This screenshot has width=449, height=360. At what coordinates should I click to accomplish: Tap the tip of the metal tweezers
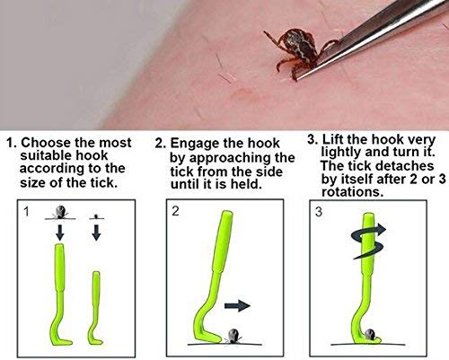(x=297, y=79)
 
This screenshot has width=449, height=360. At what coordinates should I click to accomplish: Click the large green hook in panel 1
(x=61, y=294)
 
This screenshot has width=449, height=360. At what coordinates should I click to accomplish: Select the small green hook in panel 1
(x=95, y=308)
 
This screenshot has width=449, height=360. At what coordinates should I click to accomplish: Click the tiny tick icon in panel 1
(x=96, y=216)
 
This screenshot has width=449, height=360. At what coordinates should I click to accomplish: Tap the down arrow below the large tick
(x=60, y=233)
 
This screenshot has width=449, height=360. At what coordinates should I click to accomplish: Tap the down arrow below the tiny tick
(x=96, y=233)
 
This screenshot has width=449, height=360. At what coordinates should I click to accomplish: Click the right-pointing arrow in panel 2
(x=237, y=305)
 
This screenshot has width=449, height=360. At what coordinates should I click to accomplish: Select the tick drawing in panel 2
(x=233, y=336)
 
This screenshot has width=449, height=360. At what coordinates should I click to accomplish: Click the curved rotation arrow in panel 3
(x=369, y=241)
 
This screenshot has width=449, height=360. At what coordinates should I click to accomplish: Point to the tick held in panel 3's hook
(x=370, y=334)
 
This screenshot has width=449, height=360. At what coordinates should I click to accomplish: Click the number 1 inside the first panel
(x=27, y=212)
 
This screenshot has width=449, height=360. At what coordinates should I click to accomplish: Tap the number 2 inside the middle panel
(x=175, y=211)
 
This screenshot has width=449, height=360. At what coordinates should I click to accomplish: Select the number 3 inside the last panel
(x=319, y=212)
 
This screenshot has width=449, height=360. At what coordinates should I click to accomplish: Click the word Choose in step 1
(x=46, y=143)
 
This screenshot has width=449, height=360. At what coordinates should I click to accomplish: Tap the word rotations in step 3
(x=352, y=192)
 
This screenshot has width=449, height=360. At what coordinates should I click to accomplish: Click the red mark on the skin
(x=243, y=93)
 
